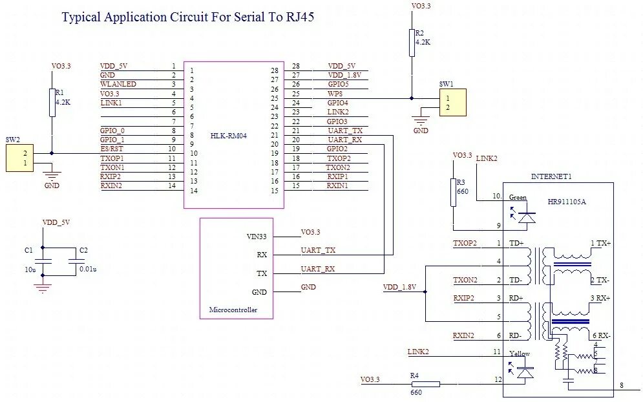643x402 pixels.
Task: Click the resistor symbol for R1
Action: (x=52, y=103)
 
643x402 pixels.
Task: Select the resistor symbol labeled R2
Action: (x=411, y=43)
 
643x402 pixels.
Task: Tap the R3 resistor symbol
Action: (x=454, y=192)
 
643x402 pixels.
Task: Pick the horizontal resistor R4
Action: (x=425, y=384)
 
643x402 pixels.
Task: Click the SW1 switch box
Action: (x=452, y=103)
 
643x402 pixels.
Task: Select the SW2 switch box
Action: (x=19, y=158)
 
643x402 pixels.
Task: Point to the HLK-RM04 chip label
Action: (x=229, y=136)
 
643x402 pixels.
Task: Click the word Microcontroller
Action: (x=233, y=310)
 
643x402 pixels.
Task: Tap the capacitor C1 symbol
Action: (x=43, y=260)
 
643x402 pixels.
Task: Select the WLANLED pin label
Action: (x=118, y=84)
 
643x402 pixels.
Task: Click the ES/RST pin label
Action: (x=112, y=149)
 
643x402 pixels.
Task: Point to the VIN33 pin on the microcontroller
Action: (x=257, y=237)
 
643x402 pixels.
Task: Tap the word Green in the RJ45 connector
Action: (x=518, y=197)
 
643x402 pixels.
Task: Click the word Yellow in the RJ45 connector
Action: (x=519, y=354)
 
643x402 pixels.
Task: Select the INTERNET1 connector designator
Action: (x=551, y=176)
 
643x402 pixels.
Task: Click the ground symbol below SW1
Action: (x=421, y=122)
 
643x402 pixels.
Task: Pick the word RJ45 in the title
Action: (x=298, y=17)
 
